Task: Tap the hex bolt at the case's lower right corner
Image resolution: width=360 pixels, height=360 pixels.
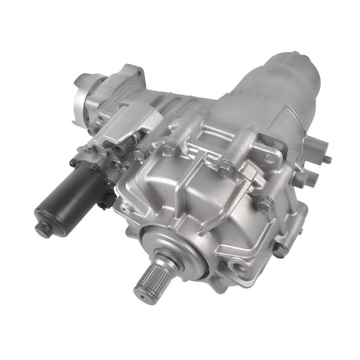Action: point(279,251)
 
